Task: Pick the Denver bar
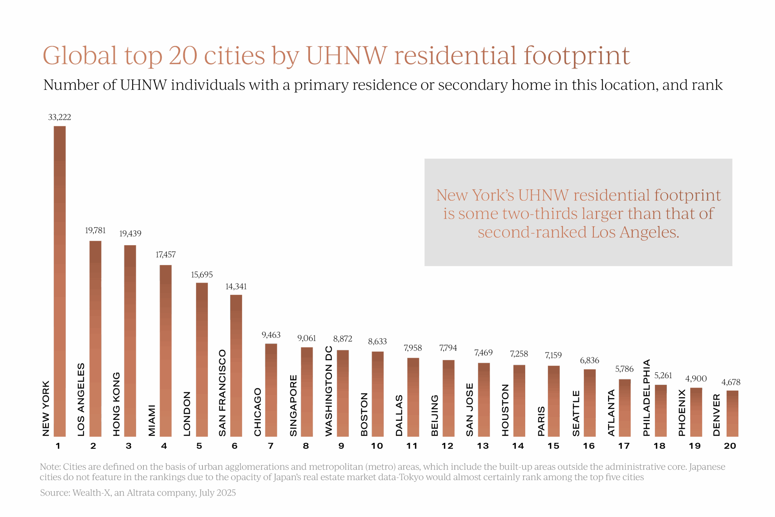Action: (732, 413)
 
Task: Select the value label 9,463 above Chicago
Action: (271, 335)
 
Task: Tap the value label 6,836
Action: (589, 360)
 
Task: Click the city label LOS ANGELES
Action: (81, 399)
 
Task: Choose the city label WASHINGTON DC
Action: (328, 391)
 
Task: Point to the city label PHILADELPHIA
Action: (647, 397)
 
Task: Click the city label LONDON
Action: (187, 414)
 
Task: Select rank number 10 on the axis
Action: (377, 446)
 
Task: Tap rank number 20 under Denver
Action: (730, 446)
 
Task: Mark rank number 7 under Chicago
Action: (271, 446)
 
